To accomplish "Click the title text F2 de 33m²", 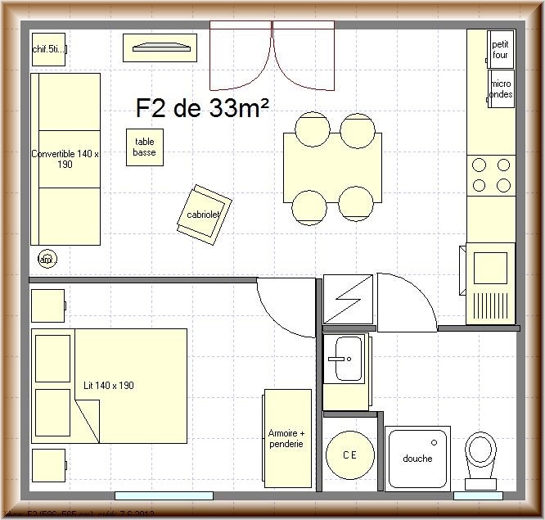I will click(202, 109).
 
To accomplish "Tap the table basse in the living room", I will click(145, 147).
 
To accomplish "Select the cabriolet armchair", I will click(204, 214).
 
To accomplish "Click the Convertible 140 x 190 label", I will click(65, 159).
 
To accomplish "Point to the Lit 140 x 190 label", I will click(109, 385).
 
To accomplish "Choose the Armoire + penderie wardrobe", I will click(286, 439).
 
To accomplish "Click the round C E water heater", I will click(350, 455).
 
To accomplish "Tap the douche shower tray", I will click(417, 459).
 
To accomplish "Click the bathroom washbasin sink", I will click(345, 359).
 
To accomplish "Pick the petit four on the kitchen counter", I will click(501, 49).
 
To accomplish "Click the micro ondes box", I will click(501, 88).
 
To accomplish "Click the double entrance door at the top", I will click(272, 56).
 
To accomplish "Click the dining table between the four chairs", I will click(332, 168).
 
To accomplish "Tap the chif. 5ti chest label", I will click(49, 50).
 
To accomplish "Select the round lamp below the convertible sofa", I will click(46, 259).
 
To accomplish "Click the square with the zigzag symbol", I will click(349, 298).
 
